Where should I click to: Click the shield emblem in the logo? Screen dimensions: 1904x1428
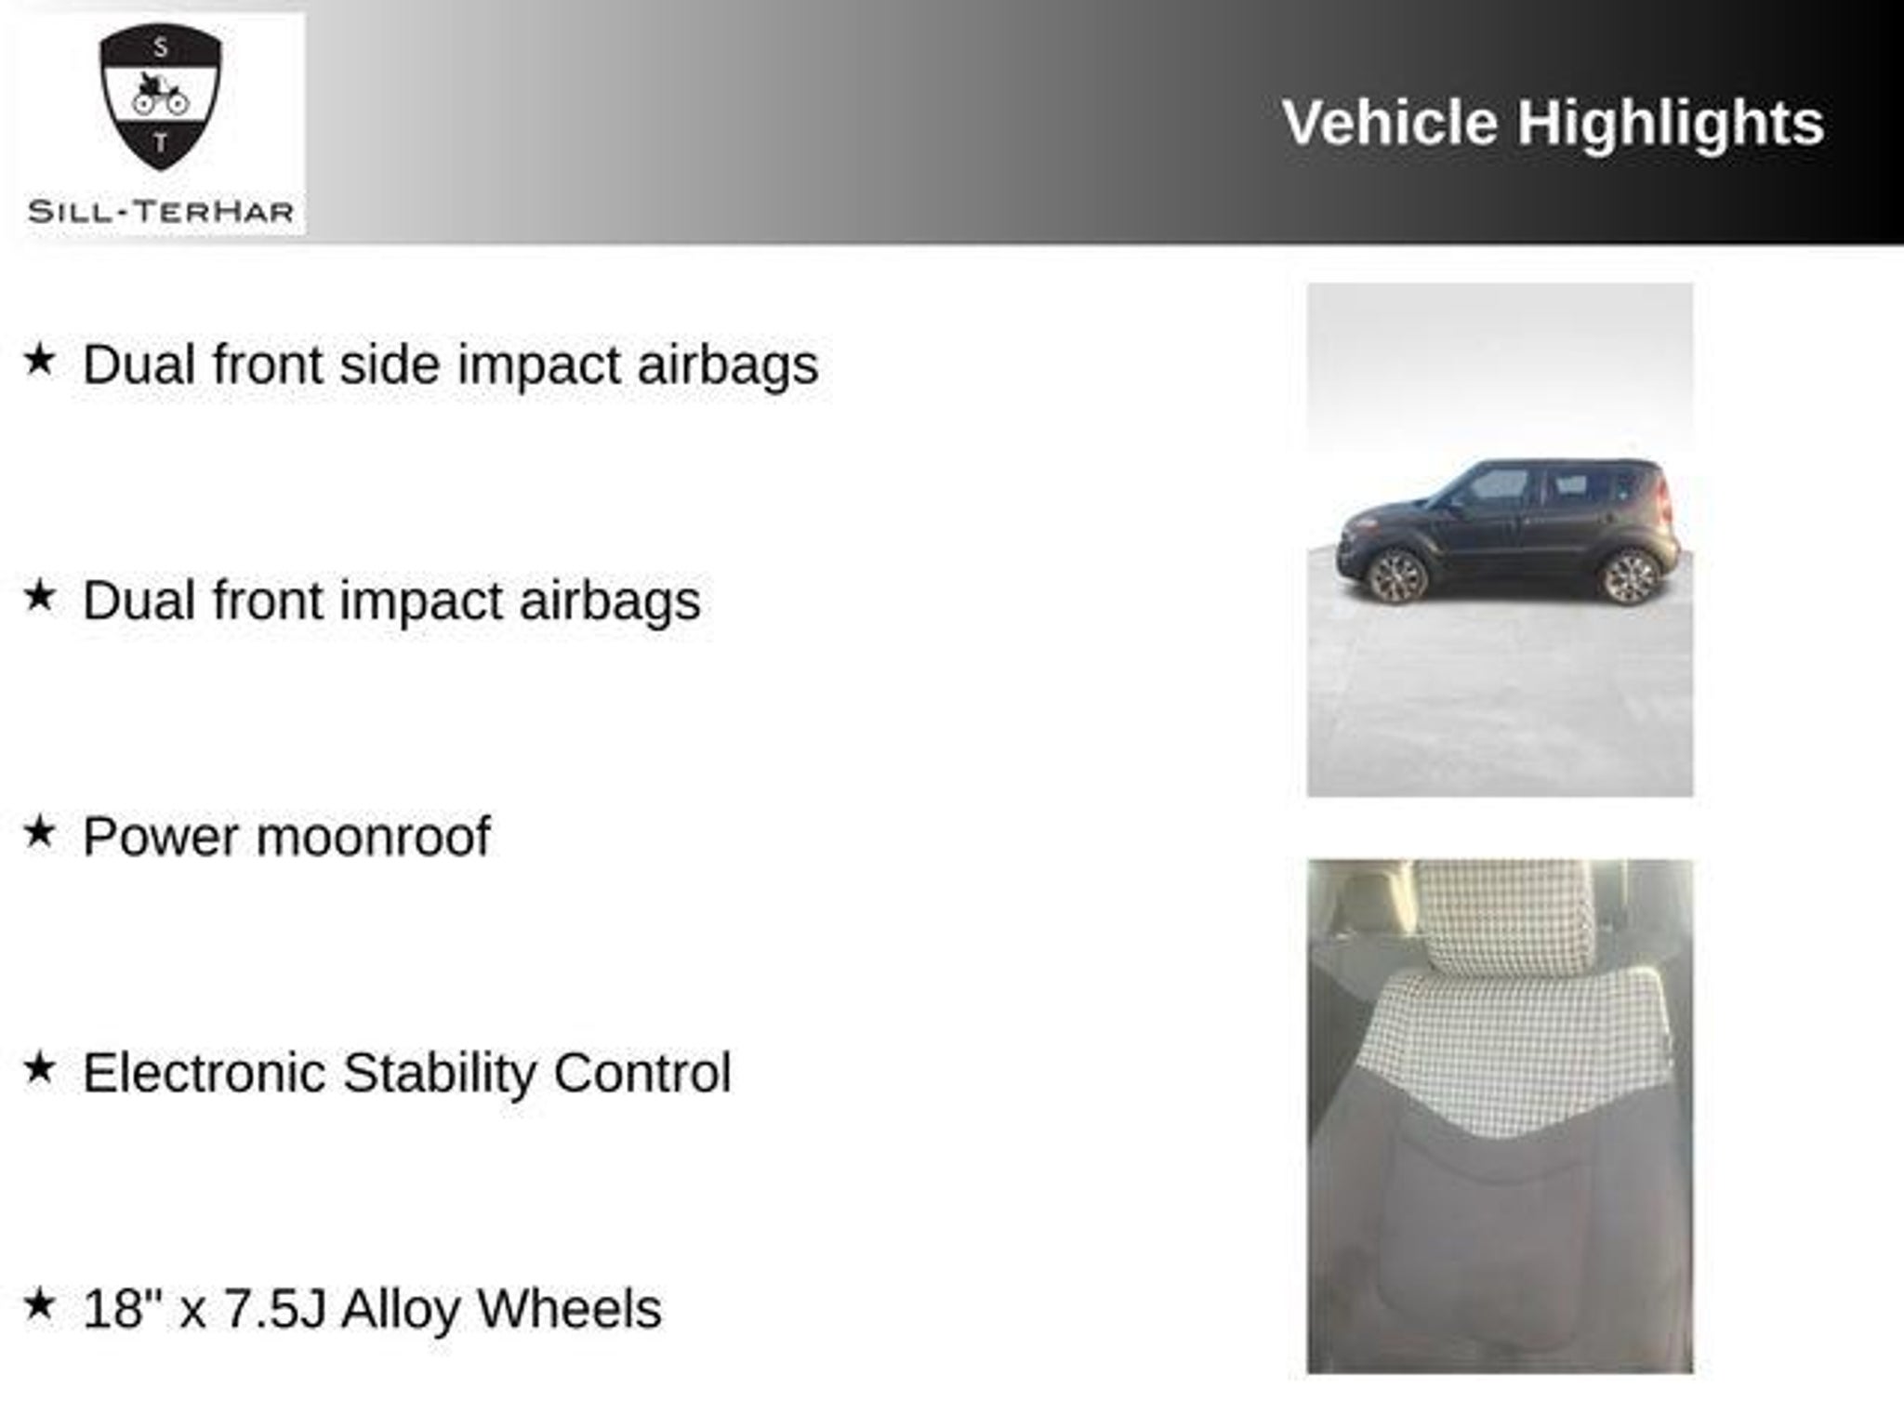click(161, 97)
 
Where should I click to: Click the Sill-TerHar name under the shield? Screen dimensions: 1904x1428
click(161, 212)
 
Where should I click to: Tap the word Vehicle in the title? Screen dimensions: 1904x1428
click(1390, 123)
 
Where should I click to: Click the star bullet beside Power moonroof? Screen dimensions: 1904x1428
click(39, 832)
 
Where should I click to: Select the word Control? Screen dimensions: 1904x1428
click(642, 1073)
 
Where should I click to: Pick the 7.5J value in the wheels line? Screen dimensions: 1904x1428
click(275, 1309)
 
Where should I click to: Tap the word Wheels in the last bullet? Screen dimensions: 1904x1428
click(569, 1309)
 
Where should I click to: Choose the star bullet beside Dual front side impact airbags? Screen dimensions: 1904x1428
click(39, 360)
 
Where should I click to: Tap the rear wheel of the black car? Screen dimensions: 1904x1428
click(1630, 576)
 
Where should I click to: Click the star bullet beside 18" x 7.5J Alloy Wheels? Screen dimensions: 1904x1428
click(39, 1304)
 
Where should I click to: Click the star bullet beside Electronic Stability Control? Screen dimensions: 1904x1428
click(39, 1068)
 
